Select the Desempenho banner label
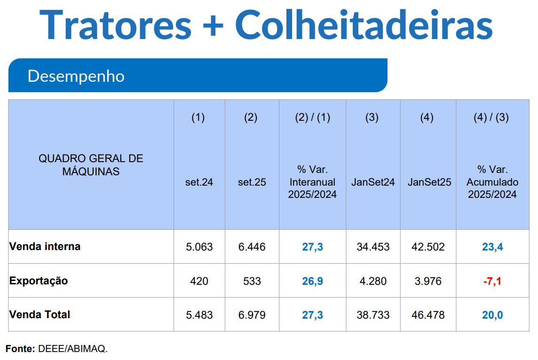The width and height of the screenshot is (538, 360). point(76,76)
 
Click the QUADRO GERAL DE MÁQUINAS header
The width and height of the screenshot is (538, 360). point(91,165)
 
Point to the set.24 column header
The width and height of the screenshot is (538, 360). point(199,182)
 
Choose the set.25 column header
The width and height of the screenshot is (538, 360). point(252,182)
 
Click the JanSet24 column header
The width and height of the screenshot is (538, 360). point(373,182)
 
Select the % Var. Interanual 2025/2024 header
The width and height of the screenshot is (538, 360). point(312,182)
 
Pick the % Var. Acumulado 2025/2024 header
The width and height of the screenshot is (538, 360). point(492,182)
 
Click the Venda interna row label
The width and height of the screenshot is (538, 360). point(45,246)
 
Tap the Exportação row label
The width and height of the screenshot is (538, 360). point(39,281)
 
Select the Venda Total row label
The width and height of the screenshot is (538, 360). point(40,314)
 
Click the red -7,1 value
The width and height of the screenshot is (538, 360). point(492,281)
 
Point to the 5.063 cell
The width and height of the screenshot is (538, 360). point(199,247)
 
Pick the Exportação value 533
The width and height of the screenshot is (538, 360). point(252,281)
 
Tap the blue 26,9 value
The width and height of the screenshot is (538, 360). point(312,281)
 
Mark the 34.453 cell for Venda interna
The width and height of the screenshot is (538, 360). point(373,247)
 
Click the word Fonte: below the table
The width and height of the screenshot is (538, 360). point(20,349)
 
